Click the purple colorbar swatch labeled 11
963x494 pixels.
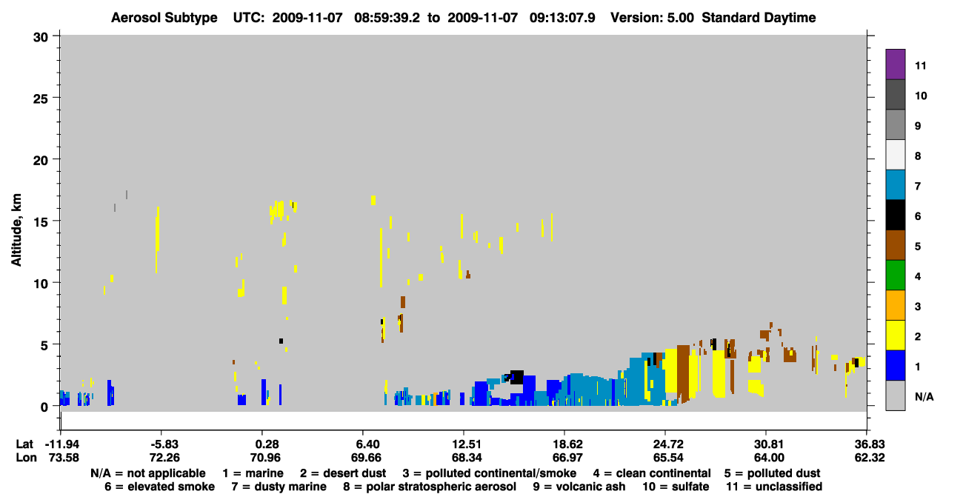895,64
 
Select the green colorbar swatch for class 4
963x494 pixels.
895,276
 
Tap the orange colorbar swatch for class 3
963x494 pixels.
895,305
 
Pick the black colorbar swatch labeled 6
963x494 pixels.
895,215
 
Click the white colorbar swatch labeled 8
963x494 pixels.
895,155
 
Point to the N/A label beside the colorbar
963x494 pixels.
924,396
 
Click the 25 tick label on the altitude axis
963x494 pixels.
41,99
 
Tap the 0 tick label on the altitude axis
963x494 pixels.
44,407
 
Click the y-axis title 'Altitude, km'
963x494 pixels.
16,230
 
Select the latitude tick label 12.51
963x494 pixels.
466,444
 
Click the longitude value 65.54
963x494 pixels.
667,458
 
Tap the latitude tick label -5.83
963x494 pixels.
164,444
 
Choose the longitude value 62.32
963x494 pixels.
869,458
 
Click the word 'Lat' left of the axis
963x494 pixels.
24,444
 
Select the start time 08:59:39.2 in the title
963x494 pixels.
387,18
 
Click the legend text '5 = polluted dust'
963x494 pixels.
772,473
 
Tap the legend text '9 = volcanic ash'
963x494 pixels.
579,487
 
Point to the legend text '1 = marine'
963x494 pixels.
253,473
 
